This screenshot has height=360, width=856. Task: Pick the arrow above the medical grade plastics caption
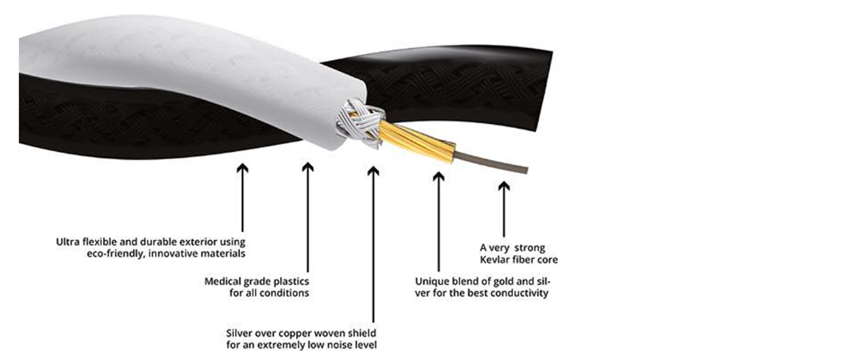[308, 216]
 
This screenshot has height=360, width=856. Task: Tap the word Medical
[223, 282]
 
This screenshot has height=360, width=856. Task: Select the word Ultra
[67, 242]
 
